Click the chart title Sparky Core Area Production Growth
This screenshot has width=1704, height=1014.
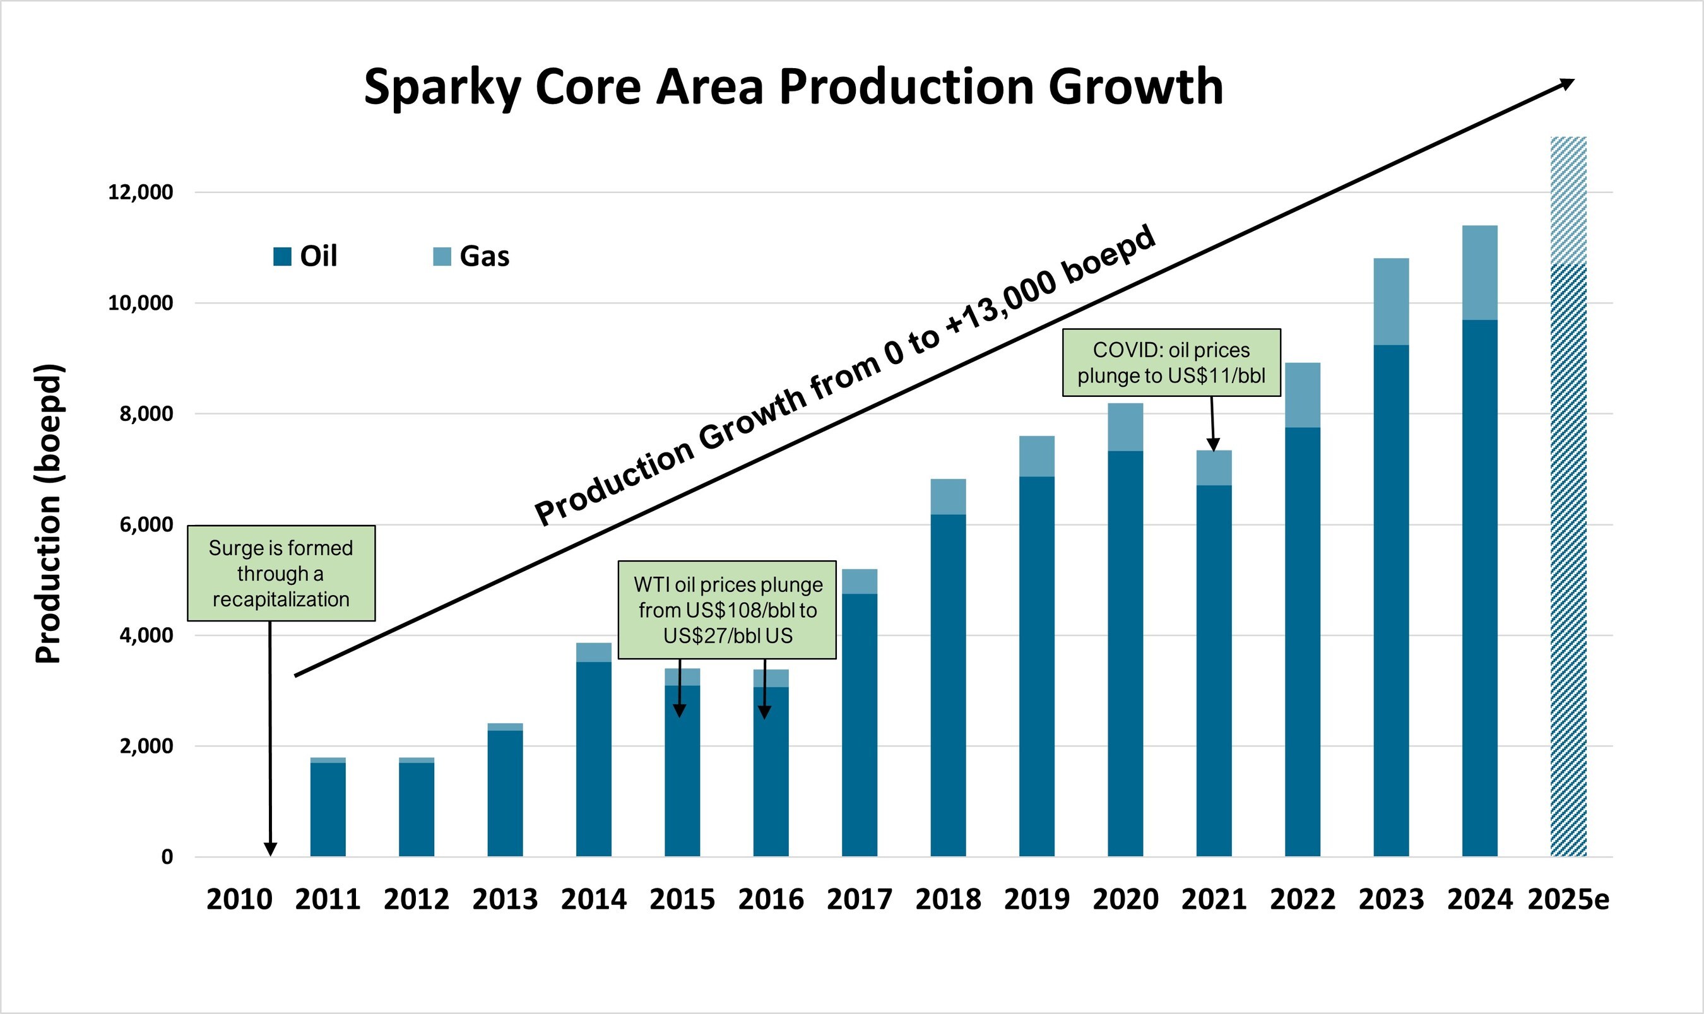(793, 87)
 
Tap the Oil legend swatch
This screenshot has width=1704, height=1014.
(282, 256)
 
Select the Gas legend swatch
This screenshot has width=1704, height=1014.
(442, 256)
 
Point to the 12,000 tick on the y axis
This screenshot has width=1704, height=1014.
(140, 192)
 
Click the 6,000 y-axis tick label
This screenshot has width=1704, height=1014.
(146, 525)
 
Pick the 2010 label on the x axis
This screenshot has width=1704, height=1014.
(239, 899)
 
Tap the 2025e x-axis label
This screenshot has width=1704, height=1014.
(1568, 899)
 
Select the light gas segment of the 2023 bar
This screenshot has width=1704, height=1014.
(1391, 302)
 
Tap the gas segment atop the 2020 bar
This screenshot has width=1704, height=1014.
(1125, 427)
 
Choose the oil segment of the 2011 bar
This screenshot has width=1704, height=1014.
(328, 809)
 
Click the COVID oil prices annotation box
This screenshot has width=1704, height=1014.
(1171, 363)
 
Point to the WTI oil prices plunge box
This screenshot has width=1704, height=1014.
(727, 610)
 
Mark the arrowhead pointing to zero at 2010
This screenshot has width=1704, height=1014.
(271, 849)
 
